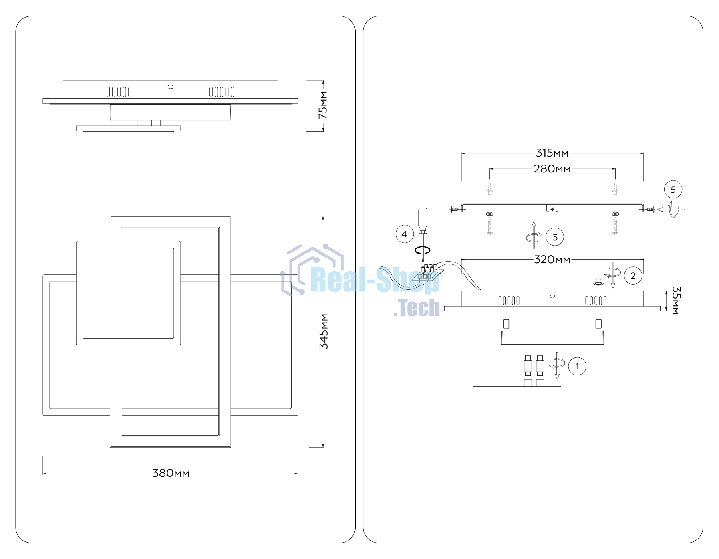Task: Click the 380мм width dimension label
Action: pos(171,473)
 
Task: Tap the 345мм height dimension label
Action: pos(324,331)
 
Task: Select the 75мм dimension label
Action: pos(322,105)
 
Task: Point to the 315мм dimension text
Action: pos(552,153)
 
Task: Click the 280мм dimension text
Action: pos(552,169)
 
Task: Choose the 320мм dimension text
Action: pos(552,260)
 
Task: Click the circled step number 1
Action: pos(577,366)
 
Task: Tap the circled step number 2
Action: pos(633,276)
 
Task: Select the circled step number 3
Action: pos(555,237)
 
